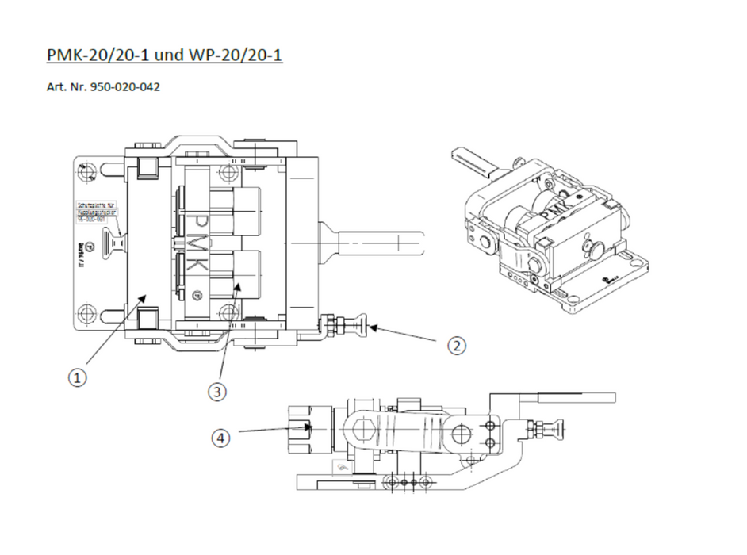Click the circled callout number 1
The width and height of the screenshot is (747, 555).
point(76,378)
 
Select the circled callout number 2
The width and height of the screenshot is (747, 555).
point(456,346)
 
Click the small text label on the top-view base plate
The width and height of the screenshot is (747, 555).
point(96,212)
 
